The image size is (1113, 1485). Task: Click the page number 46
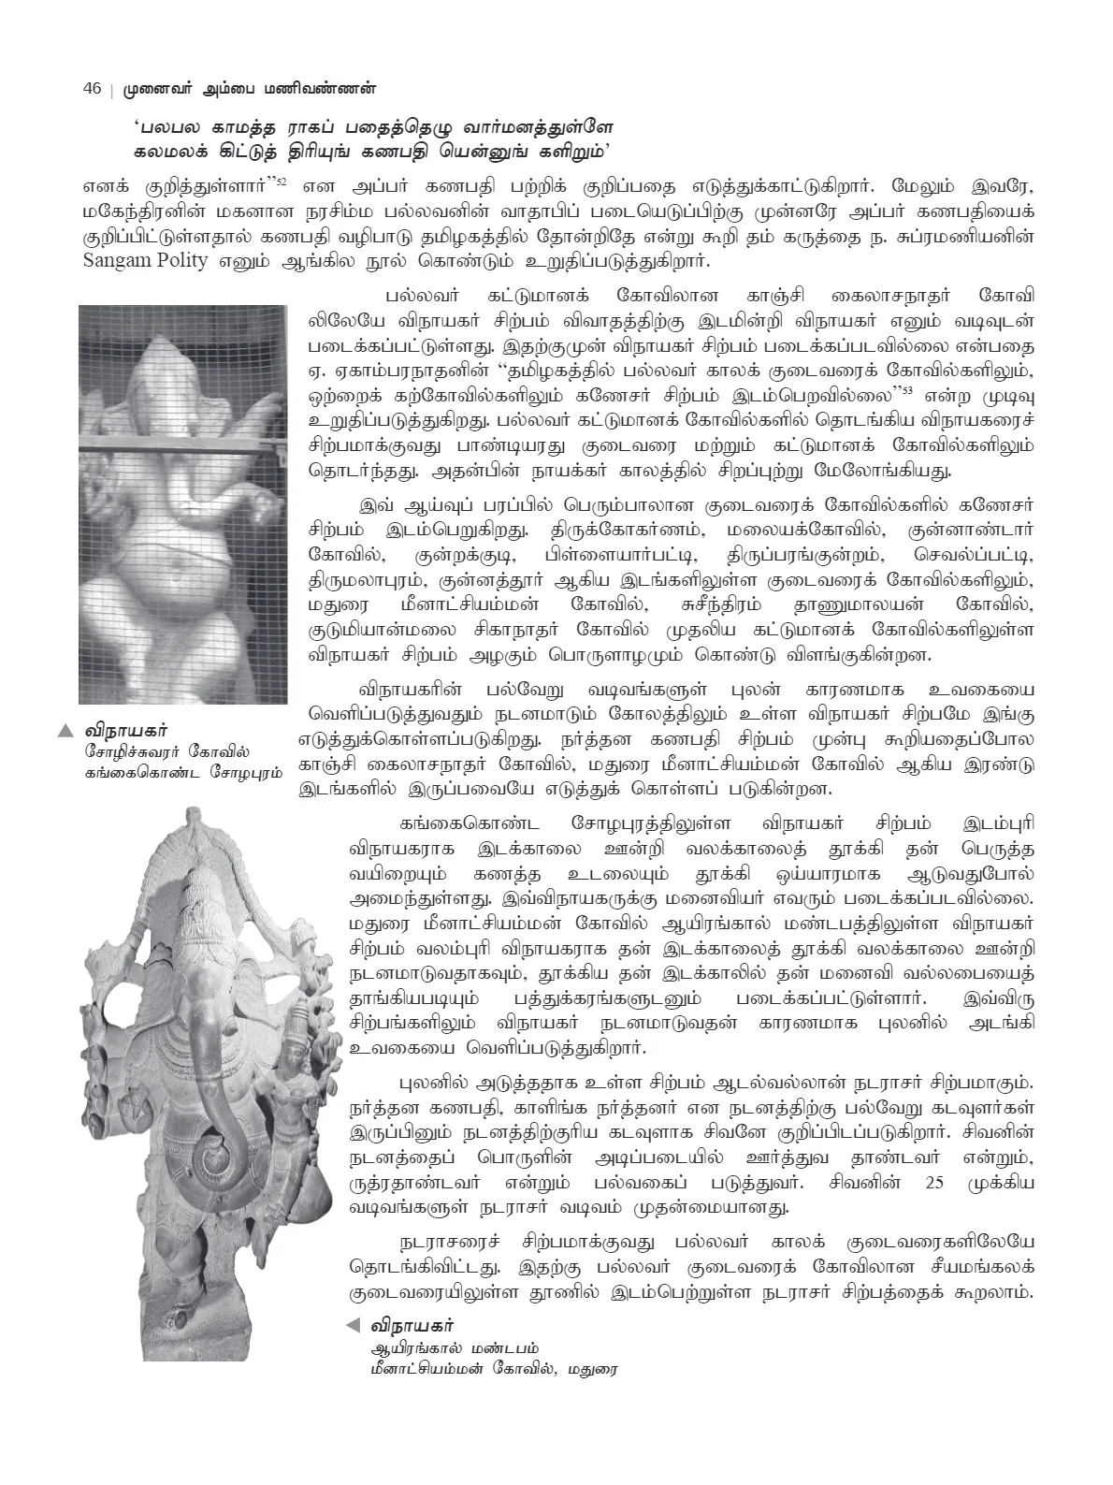point(92,89)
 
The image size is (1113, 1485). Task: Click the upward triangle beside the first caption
point(65,730)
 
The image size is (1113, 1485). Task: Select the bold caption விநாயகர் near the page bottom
point(412,1325)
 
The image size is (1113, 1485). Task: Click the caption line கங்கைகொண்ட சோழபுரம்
point(183,773)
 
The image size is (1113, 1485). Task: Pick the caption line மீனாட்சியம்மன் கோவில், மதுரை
point(495,1369)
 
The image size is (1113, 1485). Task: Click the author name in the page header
point(253,89)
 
